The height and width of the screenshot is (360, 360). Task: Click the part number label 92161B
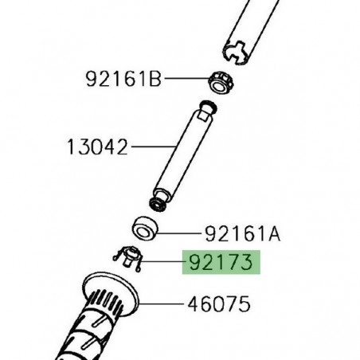[123, 79]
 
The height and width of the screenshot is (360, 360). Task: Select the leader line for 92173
[163, 262]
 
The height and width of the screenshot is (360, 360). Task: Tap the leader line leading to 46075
[163, 303]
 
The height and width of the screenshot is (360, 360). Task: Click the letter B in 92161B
[156, 79]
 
